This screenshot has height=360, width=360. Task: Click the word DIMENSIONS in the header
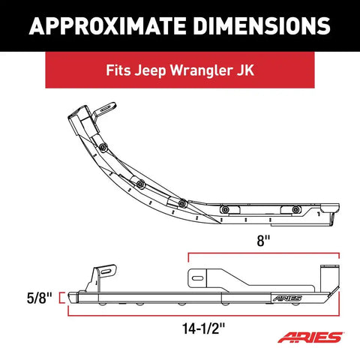tap(262, 26)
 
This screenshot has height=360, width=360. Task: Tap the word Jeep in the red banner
tap(150, 70)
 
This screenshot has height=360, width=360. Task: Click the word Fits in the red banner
tap(118, 70)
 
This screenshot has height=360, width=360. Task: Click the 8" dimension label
tap(264, 241)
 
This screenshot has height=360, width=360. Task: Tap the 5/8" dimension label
tap(40, 298)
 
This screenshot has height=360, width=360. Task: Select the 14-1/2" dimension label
tap(204, 328)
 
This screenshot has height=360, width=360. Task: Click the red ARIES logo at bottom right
tap(310, 337)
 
